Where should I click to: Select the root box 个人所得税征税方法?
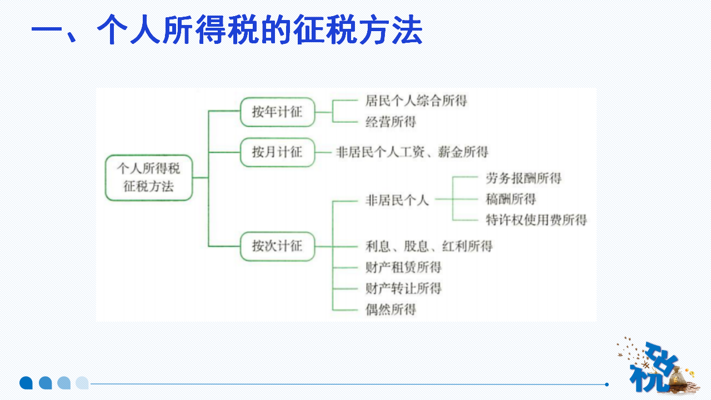click(x=148, y=178)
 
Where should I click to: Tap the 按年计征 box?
click(x=277, y=112)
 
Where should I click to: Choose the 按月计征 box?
click(x=277, y=152)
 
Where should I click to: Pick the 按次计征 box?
click(x=277, y=246)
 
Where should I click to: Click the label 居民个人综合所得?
click(x=416, y=101)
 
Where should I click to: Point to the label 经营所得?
click(x=390, y=122)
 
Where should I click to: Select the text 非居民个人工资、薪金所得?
click(x=412, y=152)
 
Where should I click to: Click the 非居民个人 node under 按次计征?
click(x=397, y=200)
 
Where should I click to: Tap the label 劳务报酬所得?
click(x=523, y=178)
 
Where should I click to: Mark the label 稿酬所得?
click(x=510, y=199)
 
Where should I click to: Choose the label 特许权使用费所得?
click(x=536, y=220)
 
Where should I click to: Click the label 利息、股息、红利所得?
click(x=428, y=246)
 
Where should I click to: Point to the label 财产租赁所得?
click(x=403, y=267)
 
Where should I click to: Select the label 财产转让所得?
click(x=403, y=288)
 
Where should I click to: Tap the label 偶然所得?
click(x=390, y=309)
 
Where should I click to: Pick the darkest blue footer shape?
click(x=26, y=383)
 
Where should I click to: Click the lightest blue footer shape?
click(x=82, y=383)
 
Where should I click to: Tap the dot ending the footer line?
click(x=607, y=384)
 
